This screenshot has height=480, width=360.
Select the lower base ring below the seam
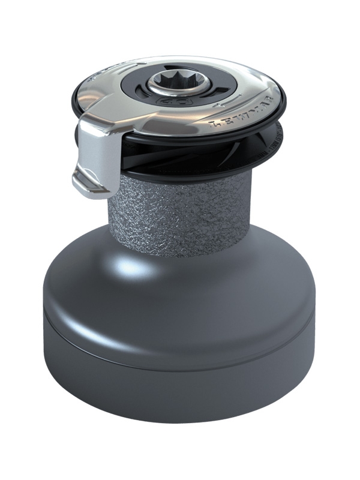click(180, 384)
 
